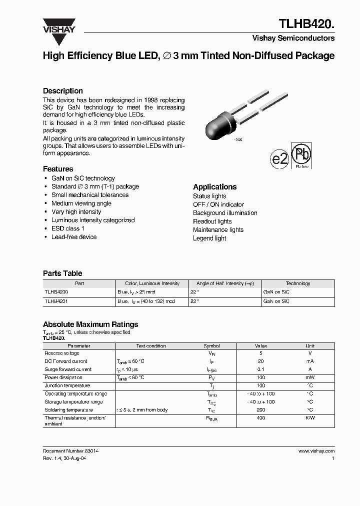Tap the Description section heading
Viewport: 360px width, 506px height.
63,91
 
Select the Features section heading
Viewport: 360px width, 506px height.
58,169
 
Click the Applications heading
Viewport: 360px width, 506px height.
214,186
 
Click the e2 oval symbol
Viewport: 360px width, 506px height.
279,159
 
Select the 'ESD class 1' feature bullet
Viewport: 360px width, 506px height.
67,228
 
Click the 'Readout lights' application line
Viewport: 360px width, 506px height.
212,221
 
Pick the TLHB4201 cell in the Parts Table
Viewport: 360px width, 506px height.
56,301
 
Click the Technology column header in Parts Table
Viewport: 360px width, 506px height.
298,283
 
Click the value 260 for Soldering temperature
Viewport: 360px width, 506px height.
260,410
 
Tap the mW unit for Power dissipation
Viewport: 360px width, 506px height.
310,377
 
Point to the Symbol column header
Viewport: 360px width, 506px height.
211,346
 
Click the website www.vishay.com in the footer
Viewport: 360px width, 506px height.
316,451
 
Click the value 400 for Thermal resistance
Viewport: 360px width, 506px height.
260,418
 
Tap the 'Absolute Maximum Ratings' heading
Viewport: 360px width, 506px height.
90,324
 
